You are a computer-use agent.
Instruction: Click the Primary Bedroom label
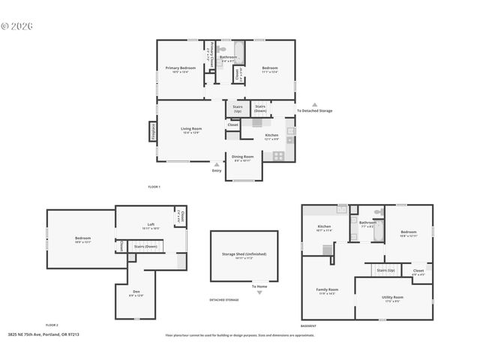[180, 68]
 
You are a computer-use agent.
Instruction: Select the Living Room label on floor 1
[190, 129]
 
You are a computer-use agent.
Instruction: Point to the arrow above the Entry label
[217, 164]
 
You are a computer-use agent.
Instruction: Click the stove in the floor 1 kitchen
[278, 156]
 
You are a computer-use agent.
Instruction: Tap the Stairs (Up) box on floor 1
[237, 109]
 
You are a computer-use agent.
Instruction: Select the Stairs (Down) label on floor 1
[260, 107]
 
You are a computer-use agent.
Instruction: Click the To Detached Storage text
[314, 111]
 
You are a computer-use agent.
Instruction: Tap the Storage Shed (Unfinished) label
[244, 254]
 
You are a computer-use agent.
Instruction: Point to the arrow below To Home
[259, 293]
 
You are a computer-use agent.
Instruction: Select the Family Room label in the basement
[327, 290]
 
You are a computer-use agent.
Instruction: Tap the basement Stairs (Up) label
[385, 270]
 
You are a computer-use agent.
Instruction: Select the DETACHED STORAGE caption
[224, 300]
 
